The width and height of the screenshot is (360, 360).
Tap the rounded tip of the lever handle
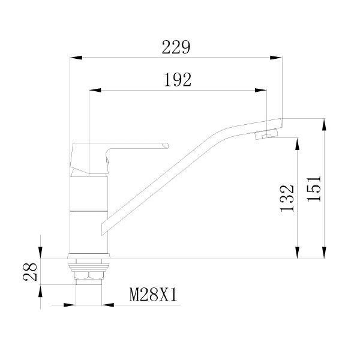pos(166,145)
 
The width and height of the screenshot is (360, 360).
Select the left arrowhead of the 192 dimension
pos(94,91)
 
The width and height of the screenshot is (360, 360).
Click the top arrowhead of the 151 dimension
pos(325,123)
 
